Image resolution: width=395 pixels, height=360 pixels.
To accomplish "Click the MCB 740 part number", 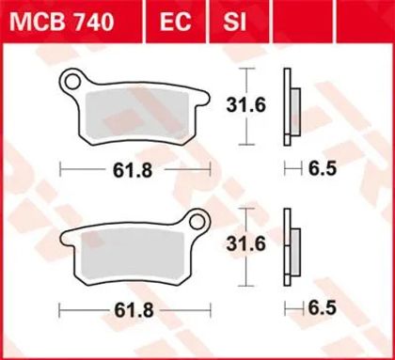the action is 62,22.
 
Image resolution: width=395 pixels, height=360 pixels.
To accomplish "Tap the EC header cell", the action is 176,22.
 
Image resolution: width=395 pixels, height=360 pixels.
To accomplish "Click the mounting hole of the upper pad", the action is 73,82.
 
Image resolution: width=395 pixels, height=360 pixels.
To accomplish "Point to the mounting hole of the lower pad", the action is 197,222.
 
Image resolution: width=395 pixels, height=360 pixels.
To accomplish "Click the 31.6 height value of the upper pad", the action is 246,105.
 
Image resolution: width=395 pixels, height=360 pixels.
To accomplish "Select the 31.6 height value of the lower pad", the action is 246,244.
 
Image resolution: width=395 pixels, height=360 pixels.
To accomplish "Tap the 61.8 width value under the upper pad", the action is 133,171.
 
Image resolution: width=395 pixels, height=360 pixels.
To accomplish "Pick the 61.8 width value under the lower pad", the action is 134,310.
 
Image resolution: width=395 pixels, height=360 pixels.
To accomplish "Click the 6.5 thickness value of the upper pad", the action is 323,169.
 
